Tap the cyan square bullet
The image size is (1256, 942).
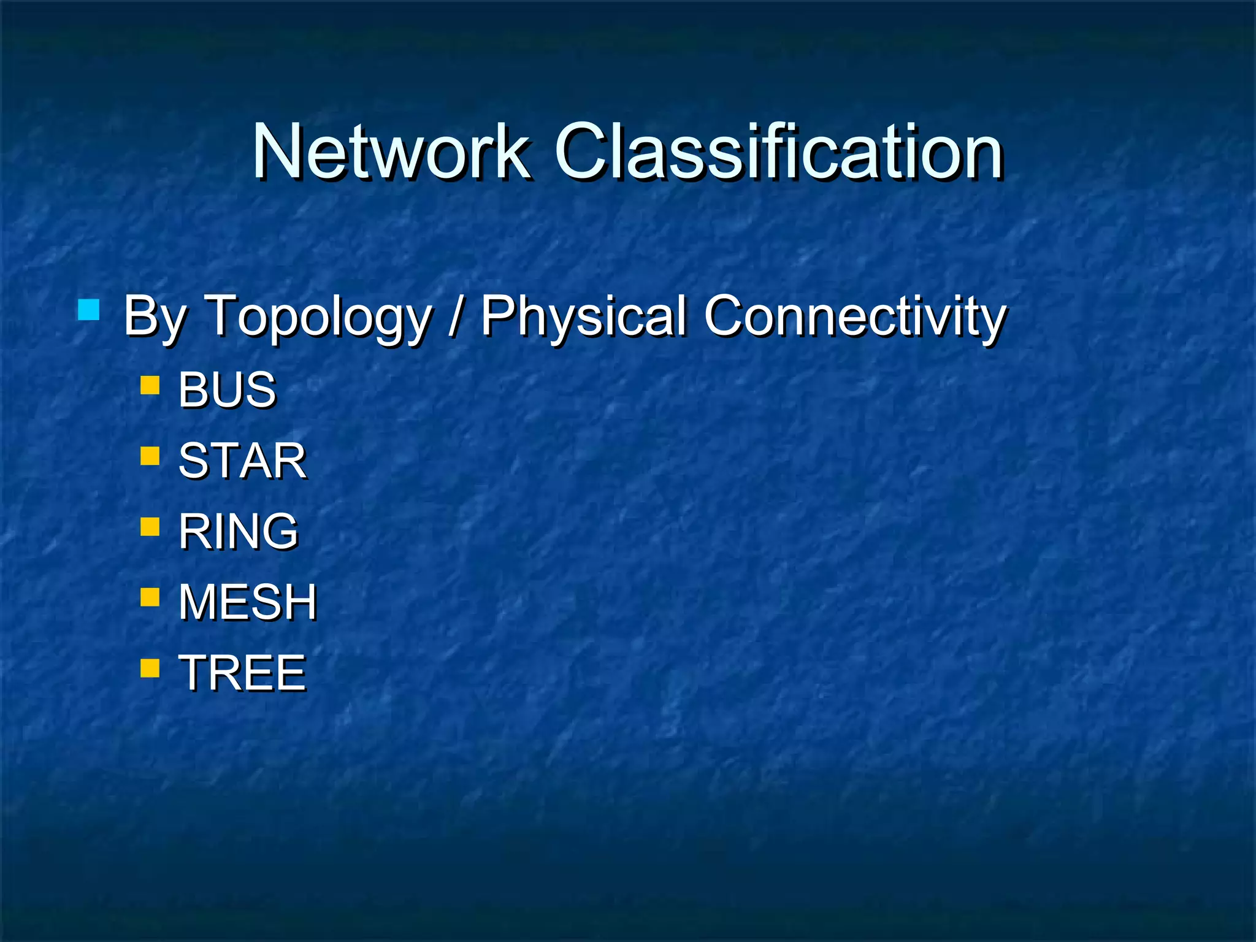89,310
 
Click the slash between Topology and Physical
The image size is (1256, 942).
454,316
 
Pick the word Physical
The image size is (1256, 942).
583,316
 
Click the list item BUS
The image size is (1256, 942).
227,389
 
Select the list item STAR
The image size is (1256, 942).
242,461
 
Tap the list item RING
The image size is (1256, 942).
238,531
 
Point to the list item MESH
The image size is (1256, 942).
247,602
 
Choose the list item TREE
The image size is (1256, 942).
242,673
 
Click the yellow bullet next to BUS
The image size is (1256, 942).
150,385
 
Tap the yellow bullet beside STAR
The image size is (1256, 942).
150,456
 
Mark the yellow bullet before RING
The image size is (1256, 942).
150,526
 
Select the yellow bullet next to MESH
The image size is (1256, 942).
150,597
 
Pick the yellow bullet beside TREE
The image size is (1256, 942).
150,667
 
